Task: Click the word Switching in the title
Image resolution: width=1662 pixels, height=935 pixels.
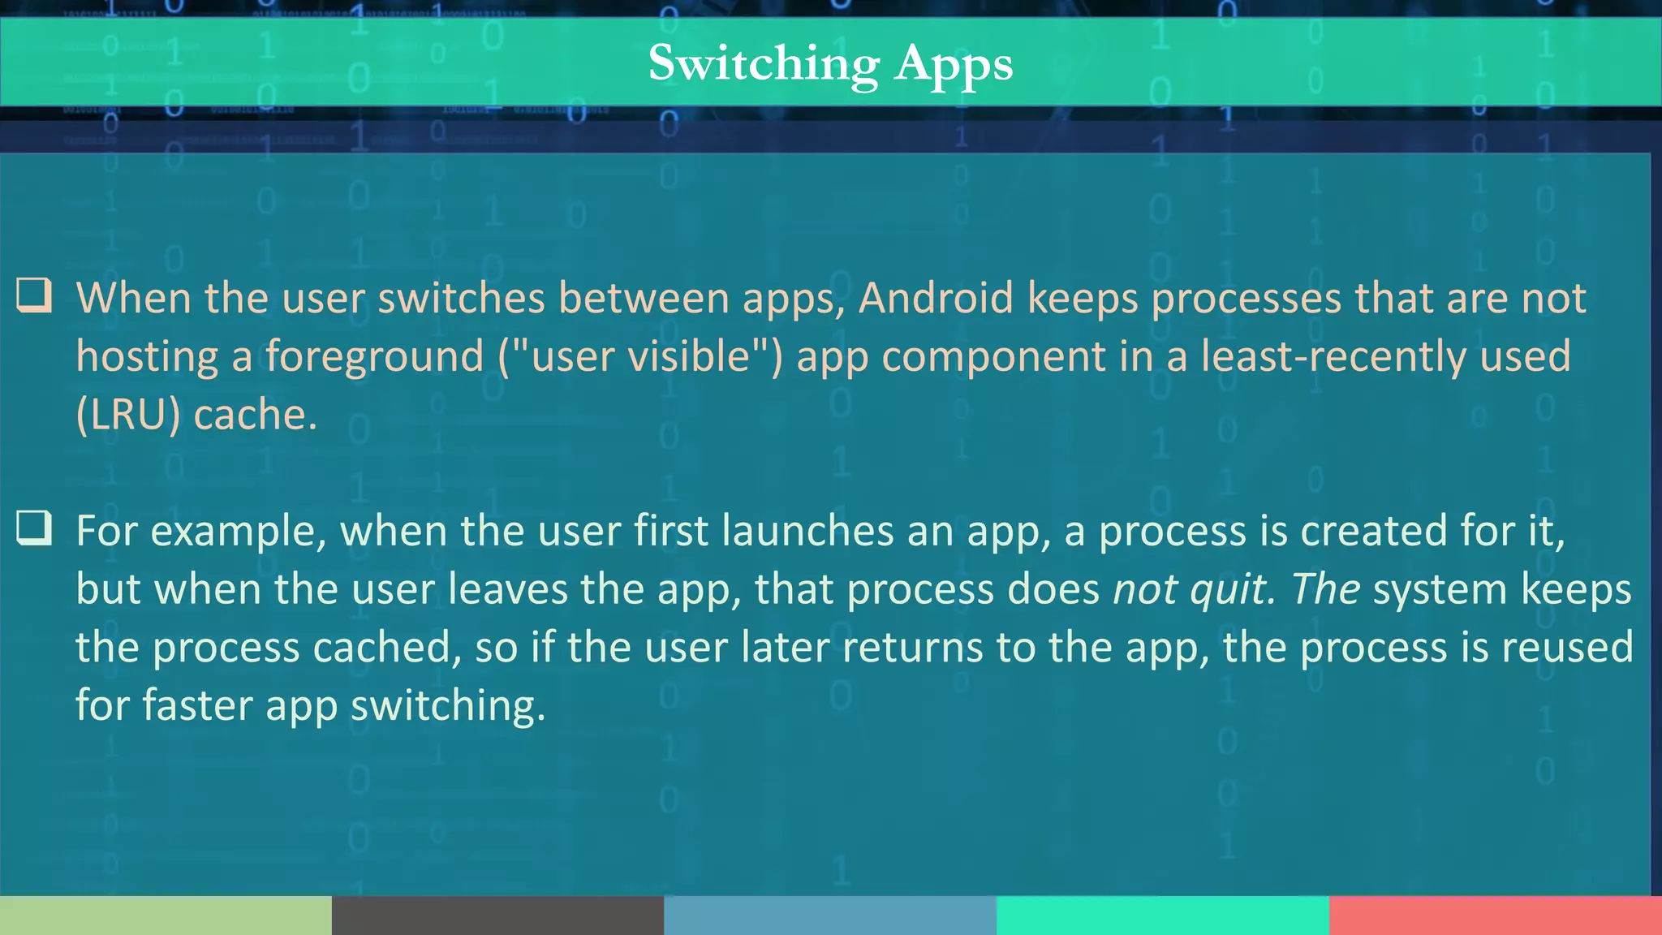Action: [x=764, y=63]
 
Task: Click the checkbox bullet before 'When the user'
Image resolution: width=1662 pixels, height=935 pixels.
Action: [x=34, y=296]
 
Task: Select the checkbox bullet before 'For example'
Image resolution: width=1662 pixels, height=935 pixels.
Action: [x=34, y=528]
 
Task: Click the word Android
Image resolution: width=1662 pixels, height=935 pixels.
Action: [x=936, y=298]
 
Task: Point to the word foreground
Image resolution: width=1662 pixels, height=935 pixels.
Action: [x=374, y=356]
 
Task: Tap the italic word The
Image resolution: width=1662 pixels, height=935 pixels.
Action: [x=1325, y=588]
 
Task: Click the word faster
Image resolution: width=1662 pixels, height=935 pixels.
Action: [x=197, y=704]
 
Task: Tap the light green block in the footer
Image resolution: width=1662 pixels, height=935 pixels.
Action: [x=166, y=916]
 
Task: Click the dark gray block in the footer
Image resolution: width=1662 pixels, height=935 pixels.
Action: [x=497, y=916]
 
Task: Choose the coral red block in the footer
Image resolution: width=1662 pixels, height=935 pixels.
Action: [x=1496, y=916]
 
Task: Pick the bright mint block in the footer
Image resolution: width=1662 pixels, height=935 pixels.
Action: [x=1163, y=916]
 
